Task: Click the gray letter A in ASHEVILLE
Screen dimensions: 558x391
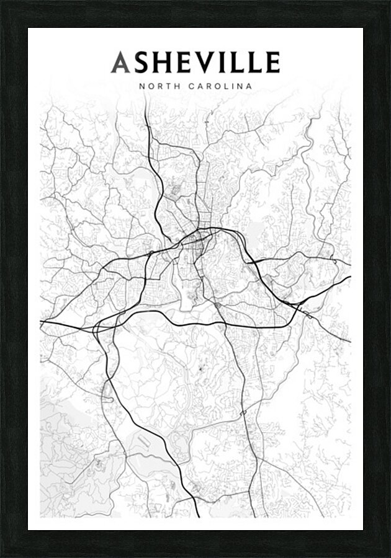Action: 120,63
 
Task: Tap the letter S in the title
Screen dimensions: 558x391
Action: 140,63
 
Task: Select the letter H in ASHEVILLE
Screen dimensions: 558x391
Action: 161,63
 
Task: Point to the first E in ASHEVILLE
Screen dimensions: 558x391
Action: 181,63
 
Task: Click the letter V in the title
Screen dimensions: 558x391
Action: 201,63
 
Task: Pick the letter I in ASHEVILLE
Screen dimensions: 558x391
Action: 218,63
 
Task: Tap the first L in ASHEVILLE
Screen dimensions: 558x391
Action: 232,63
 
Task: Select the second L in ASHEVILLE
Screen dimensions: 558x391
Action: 251,63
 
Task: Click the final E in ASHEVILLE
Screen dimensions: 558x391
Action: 271,63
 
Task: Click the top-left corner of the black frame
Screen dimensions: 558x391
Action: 2,2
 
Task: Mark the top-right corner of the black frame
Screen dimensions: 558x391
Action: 388,2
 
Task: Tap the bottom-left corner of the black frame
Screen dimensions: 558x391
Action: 2,555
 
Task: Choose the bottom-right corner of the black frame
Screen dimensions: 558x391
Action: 388,555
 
